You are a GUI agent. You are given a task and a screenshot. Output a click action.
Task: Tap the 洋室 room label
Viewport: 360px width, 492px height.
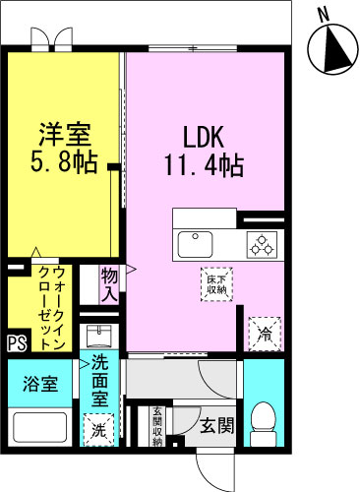(65, 130)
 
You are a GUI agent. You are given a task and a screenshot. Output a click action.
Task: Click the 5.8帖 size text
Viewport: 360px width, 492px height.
(66, 160)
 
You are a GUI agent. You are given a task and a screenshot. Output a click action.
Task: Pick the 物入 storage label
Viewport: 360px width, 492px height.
(109, 282)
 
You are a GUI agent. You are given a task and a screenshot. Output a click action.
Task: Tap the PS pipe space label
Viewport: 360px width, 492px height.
(16, 343)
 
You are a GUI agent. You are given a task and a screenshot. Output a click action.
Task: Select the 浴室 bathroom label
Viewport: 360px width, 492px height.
(39, 384)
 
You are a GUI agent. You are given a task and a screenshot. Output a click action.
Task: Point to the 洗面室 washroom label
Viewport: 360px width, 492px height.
(99, 381)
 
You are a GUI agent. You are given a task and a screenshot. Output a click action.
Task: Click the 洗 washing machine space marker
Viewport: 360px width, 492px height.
(99, 429)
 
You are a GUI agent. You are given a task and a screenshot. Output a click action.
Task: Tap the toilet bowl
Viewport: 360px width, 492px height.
(264, 420)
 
